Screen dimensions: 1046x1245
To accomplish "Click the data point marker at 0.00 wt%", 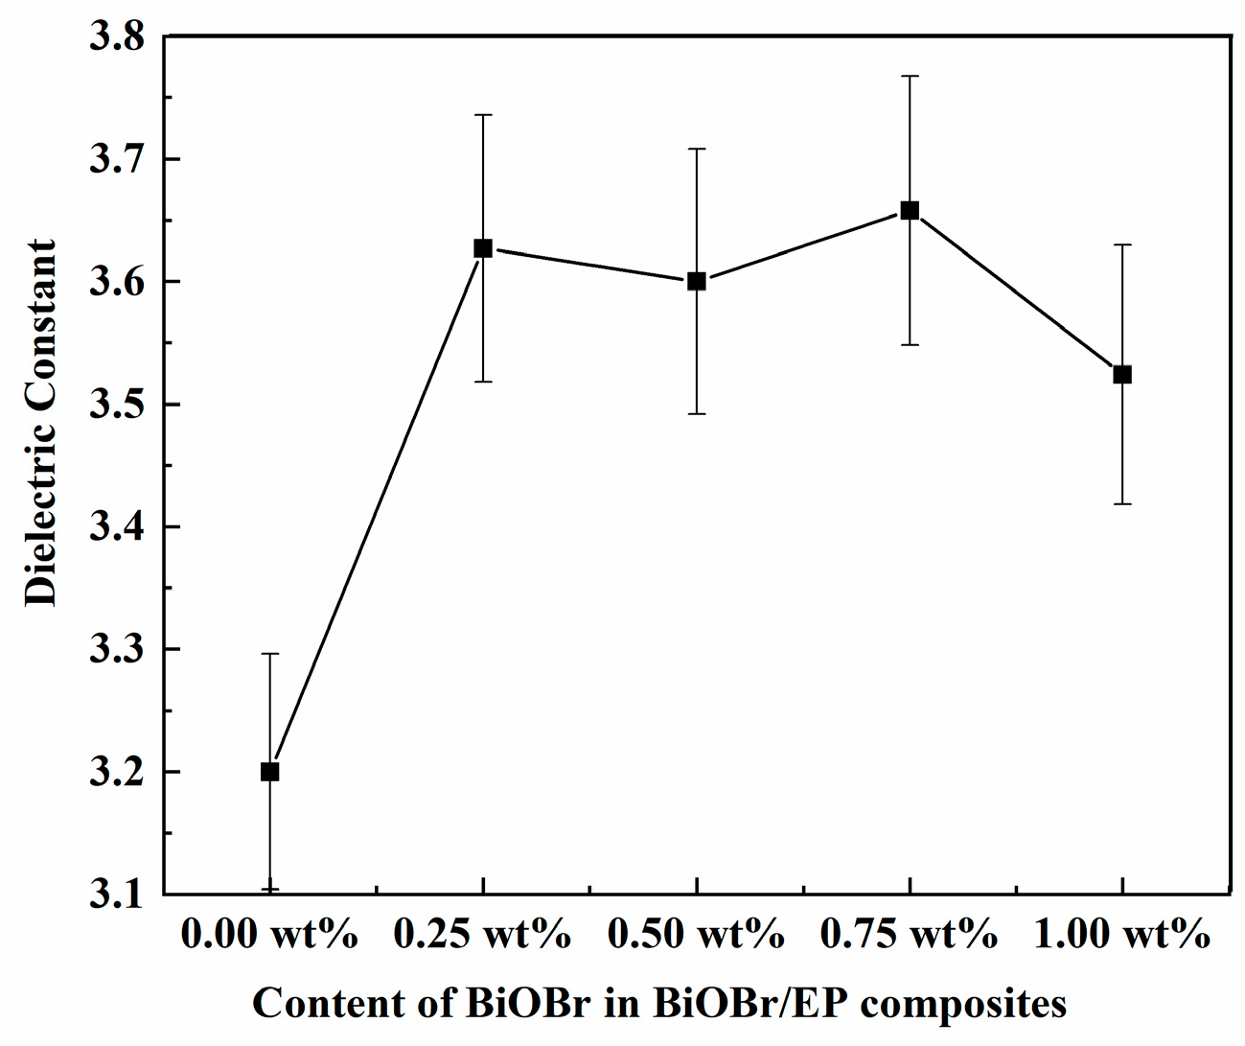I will pyautogui.click(x=270, y=772).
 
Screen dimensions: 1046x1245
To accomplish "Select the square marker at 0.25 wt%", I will pyautogui.click(x=483, y=248).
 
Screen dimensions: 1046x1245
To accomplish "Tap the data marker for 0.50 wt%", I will pyautogui.click(x=697, y=281).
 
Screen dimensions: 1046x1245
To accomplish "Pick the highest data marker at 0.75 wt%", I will pyautogui.click(x=910, y=210).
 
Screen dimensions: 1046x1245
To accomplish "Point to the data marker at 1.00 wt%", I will pyautogui.click(x=1122, y=374).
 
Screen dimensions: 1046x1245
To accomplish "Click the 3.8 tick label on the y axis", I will pyautogui.click(x=115, y=37).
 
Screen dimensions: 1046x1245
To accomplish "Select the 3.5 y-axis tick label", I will pyautogui.click(x=115, y=405).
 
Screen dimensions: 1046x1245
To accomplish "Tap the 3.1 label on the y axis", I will pyautogui.click(x=115, y=895).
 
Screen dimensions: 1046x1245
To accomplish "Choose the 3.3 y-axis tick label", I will pyautogui.click(x=115, y=650).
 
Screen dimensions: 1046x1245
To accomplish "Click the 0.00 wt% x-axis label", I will pyautogui.click(x=269, y=934).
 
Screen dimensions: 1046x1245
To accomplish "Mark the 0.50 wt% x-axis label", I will pyautogui.click(x=696, y=934).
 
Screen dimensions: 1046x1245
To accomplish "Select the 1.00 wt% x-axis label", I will pyautogui.click(x=1122, y=934).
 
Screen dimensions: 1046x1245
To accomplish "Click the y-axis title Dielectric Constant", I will pyautogui.click(x=41, y=422).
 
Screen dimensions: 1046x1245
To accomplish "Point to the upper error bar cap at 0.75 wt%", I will pyautogui.click(x=910, y=76).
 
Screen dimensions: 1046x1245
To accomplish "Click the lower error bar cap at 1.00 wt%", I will pyautogui.click(x=1122, y=503).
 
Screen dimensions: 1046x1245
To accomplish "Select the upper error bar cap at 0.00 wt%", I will pyautogui.click(x=270, y=654).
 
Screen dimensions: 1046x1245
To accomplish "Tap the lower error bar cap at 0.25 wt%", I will pyautogui.click(x=483, y=382).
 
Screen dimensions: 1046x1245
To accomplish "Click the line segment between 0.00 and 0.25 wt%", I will pyautogui.click(x=377, y=510).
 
